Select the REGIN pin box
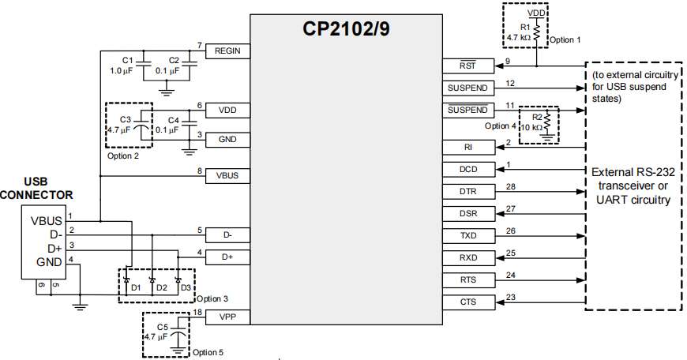[227, 51]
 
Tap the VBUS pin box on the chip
[227, 175]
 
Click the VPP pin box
[227, 317]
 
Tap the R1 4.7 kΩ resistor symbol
[537, 31]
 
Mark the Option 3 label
[212, 298]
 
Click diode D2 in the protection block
[152, 280]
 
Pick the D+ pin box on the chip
[227, 257]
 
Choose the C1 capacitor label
[127, 61]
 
